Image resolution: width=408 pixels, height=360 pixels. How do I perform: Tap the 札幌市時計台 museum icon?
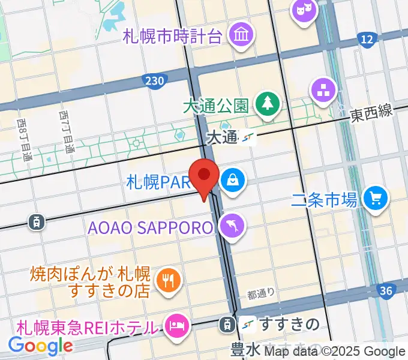(x=242, y=34)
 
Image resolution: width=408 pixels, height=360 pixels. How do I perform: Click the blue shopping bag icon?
(x=230, y=178)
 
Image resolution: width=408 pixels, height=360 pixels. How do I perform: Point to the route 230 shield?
(x=154, y=80)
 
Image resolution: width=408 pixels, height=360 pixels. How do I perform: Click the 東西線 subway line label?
(x=372, y=112)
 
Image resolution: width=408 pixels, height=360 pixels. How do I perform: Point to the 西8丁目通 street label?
(x=25, y=140)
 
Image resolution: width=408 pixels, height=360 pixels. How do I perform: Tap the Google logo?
(x=40, y=345)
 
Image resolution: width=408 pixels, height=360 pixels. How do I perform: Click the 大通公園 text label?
(x=216, y=106)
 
